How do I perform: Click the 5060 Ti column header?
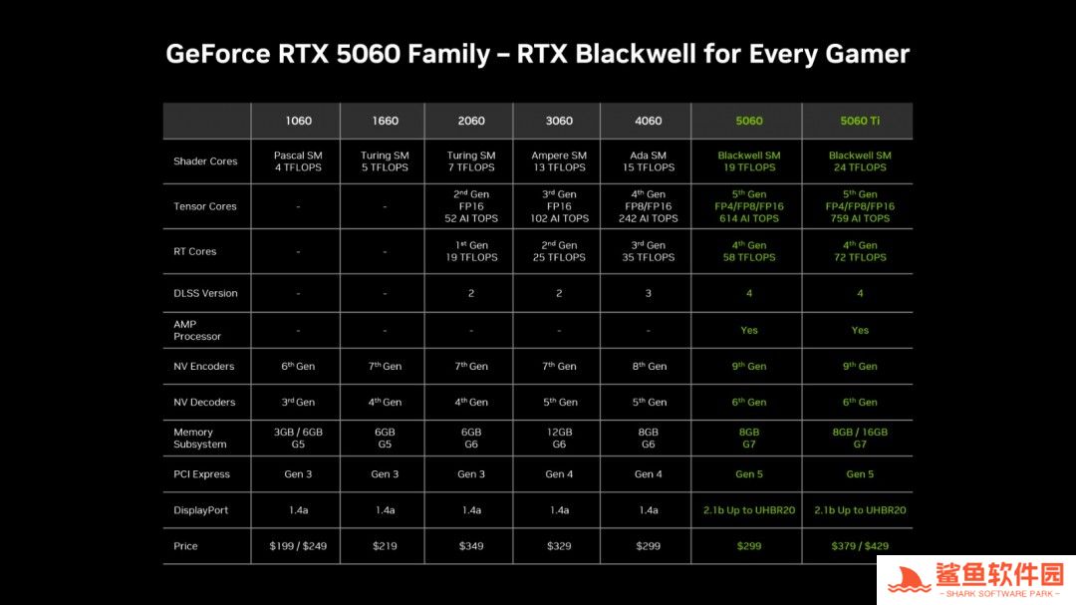[x=859, y=121]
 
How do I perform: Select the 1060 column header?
[x=298, y=121]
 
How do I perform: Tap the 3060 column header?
[x=559, y=121]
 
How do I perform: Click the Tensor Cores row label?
[x=204, y=206]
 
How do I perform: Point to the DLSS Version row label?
[x=205, y=293]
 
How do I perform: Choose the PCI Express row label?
[x=201, y=474]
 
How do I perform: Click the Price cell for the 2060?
[x=470, y=546]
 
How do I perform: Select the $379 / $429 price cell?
[x=859, y=546]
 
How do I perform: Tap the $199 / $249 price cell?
[x=298, y=546]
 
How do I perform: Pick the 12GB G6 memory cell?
[x=559, y=439]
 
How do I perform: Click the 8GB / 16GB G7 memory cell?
[x=859, y=439]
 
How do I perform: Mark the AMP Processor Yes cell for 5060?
[x=748, y=330]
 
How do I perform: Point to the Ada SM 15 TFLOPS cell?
[x=648, y=161]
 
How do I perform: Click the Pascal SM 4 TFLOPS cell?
[x=298, y=161]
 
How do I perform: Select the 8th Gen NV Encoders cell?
[x=649, y=366]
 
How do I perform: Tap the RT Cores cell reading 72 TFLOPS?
[x=859, y=251]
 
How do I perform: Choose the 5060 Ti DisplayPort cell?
[x=859, y=510]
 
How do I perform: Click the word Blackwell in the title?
[x=636, y=54]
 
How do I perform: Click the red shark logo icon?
[x=909, y=580]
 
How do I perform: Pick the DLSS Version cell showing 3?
[x=648, y=293]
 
